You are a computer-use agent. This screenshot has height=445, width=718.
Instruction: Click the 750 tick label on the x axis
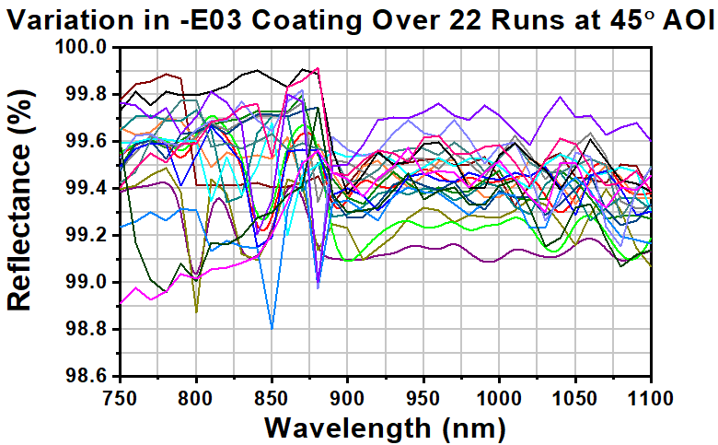tap(121, 396)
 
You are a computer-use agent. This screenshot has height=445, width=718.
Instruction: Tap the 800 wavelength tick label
tap(196, 396)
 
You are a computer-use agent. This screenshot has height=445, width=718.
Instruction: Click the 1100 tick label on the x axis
tap(650, 396)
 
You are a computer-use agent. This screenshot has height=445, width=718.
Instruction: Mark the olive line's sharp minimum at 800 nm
tap(196, 312)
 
